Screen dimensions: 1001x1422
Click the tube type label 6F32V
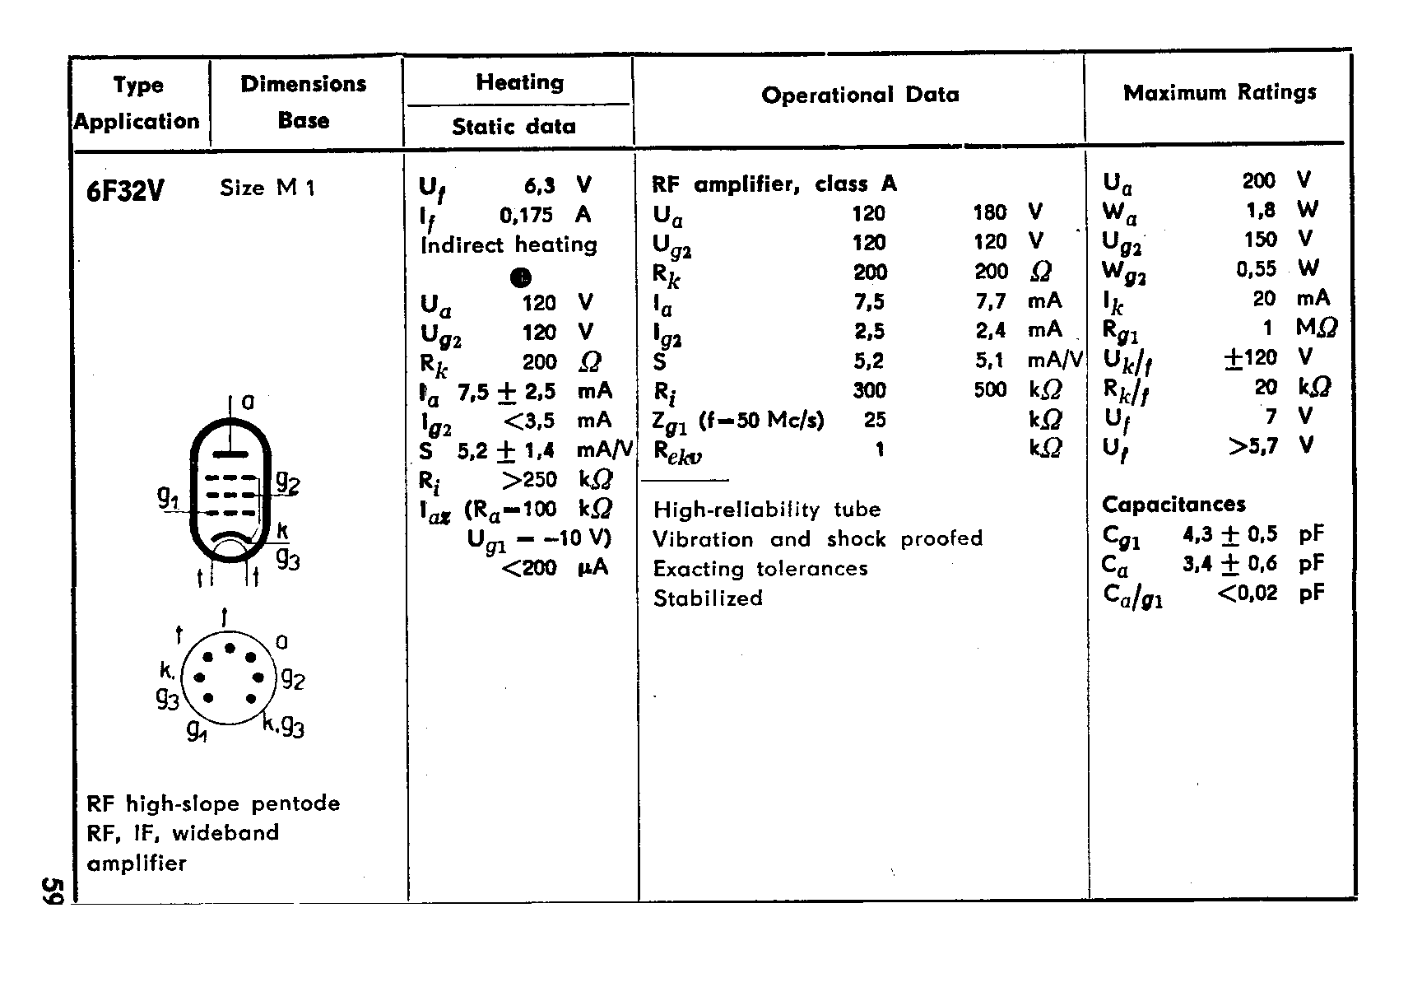point(125,191)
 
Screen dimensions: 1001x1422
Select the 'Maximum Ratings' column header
point(1220,93)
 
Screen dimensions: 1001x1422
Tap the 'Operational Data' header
point(860,95)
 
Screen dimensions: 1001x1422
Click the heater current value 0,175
point(527,216)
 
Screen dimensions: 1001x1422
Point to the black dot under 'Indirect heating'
point(521,277)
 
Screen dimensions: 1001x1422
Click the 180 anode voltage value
point(989,213)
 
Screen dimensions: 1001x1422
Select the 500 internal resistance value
point(990,390)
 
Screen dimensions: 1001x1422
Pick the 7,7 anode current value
point(991,302)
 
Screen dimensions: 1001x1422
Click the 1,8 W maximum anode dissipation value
point(1260,211)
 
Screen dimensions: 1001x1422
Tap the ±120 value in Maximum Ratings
point(1249,358)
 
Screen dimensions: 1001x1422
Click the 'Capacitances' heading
point(1173,505)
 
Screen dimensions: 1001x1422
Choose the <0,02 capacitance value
point(1247,593)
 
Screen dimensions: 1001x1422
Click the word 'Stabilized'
point(708,598)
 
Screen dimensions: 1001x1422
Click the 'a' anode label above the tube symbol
point(248,402)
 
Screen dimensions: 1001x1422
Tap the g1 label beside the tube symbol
point(168,496)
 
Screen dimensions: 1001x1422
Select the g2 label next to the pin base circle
point(293,679)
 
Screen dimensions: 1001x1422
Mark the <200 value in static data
point(528,568)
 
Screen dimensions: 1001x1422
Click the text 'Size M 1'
point(267,189)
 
